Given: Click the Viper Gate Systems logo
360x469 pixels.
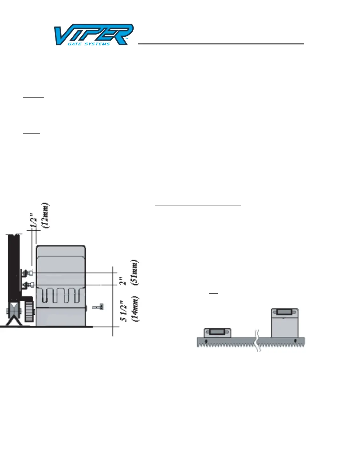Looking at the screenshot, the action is tap(93, 35).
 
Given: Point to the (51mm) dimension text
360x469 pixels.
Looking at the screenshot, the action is tap(135, 272).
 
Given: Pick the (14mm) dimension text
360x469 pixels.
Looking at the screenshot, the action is tap(135, 309).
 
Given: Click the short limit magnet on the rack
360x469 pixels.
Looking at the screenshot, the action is tap(217, 333).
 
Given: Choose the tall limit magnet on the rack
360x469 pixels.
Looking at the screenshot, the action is tap(284, 322).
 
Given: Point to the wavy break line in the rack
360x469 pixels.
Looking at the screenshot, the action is tap(257, 341).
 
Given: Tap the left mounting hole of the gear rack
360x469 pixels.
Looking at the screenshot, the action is tap(206, 342).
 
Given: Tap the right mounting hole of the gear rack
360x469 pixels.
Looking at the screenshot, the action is tap(295, 342).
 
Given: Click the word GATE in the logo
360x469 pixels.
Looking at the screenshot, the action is tap(74, 44).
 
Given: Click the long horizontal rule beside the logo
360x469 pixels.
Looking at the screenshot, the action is tap(221, 44).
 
